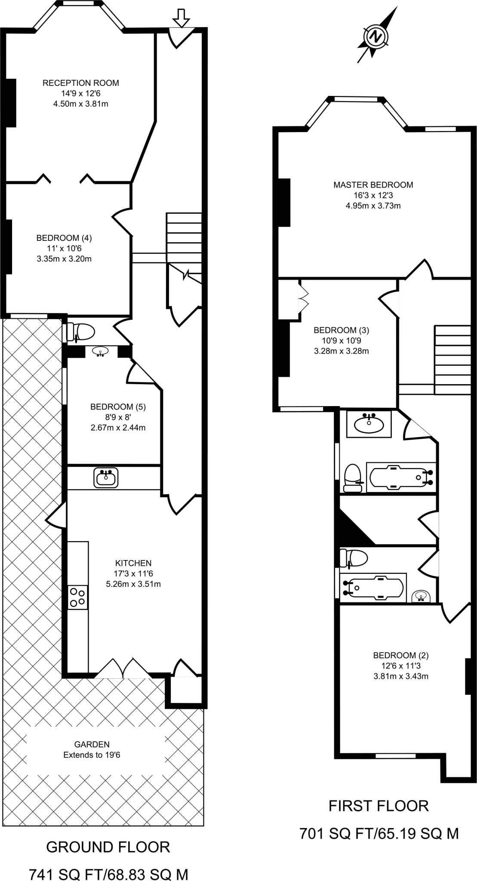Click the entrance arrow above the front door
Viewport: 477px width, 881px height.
pyautogui.click(x=181, y=18)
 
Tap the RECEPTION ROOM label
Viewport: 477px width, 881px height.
pyautogui.click(x=81, y=83)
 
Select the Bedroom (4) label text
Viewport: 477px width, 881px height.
pyautogui.click(x=64, y=238)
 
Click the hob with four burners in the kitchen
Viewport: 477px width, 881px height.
pyautogui.click(x=78, y=597)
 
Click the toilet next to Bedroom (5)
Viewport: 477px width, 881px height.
pyautogui.click(x=81, y=333)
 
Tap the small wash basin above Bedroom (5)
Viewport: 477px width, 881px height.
pyautogui.click(x=101, y=352)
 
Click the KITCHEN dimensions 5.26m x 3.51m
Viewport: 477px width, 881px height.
pyautogui.click(x=133, y=584)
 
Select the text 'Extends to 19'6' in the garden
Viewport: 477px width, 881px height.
pyautogui.click(x=92, y=755)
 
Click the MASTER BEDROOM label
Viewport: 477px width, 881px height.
pyautogui.click(x=373, y=185)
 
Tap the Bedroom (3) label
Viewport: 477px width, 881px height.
pyautogui.click(x=341, y=330)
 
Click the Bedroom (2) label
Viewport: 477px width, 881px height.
pyautogui.click(x=401, y=656)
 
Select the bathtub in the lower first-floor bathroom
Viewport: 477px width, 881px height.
pyautogui.click(x=373, y=587)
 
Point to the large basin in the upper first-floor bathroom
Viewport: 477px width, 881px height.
pyautogui.click(x=369, y=425)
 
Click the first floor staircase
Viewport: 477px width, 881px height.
pyautogui.click(x=452, y=359)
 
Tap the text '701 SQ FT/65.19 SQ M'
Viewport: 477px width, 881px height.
pyautogui.click(x=379, y=834)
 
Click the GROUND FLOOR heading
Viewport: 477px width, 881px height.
pyautogui.click(x=108, y=847)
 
